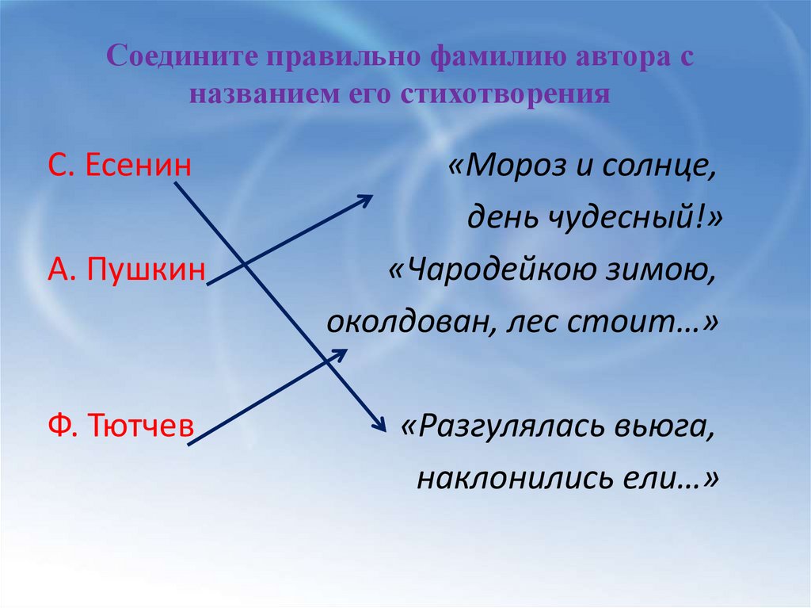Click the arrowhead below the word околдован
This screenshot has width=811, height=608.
pos(340,354)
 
